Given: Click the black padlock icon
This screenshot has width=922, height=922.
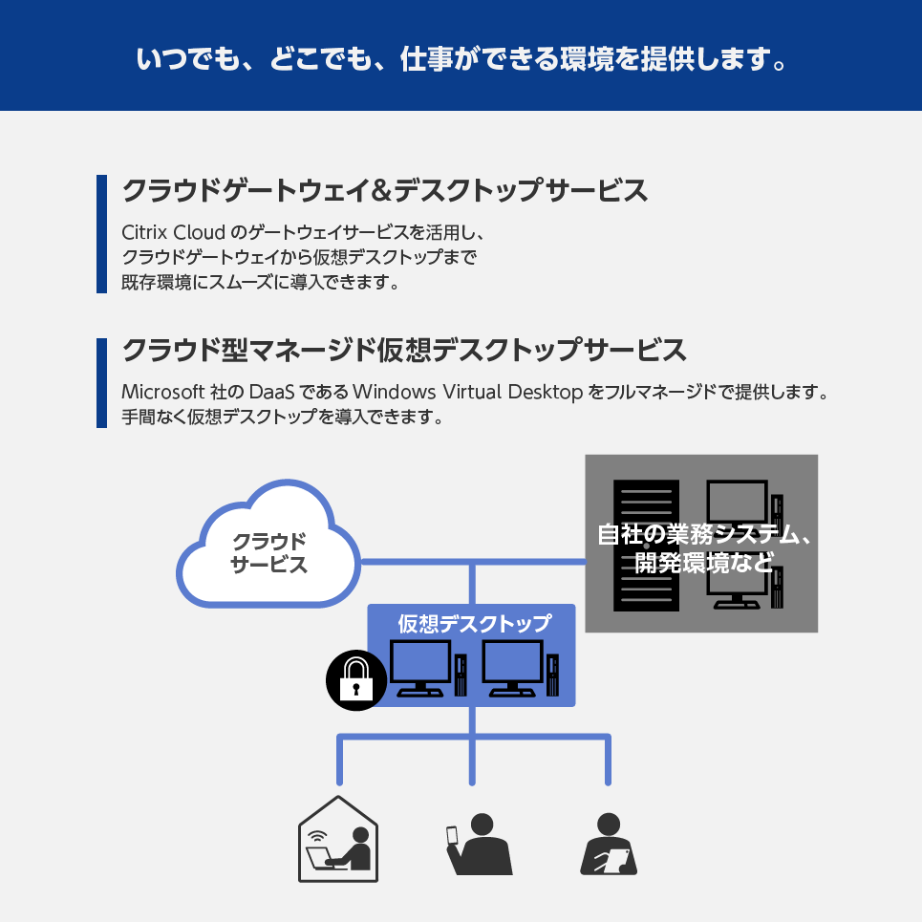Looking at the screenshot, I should (354, 680).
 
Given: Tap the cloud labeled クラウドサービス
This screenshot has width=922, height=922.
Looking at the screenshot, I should (269, 552).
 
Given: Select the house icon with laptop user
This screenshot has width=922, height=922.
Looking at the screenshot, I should (338, 841).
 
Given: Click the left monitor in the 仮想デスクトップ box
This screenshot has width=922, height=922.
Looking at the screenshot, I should (421, 667).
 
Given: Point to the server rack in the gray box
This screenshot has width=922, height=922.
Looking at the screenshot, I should (645, 546).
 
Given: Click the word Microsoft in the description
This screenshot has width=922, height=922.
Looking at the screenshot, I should (163, 393).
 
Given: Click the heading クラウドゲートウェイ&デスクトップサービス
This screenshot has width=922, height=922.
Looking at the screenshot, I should (385, 190).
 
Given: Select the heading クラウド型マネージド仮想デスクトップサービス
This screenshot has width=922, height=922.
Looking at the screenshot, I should (404, 350).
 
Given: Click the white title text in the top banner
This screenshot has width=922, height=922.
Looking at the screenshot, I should (461, 58).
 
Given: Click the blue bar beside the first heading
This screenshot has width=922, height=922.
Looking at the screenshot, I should (101, 234).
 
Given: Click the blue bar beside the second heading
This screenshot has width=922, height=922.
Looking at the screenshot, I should (101, 382).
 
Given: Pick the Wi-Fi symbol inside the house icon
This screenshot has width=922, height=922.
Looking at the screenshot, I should (315, 831).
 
